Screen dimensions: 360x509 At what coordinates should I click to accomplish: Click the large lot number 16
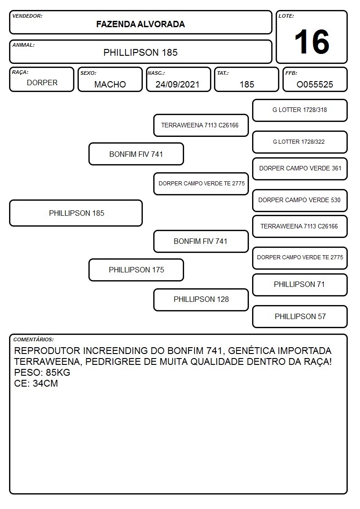tap(311, 42)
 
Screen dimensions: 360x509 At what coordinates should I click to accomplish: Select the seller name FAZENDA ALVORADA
tap(141, 24)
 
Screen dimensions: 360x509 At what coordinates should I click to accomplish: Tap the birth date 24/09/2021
tap(177, 84)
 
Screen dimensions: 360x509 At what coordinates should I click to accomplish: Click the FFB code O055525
tap(315, 84)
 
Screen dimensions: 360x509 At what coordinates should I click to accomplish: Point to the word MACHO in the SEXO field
tap(110, 84)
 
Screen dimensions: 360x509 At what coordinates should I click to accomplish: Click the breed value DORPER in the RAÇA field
tap(42, 83)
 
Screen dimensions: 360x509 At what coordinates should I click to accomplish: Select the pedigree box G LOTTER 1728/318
tap(300, 111)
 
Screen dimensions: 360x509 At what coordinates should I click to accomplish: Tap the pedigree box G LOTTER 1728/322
tap(300, 142)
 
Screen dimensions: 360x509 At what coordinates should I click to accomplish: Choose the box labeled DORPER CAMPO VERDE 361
tap(300, 169)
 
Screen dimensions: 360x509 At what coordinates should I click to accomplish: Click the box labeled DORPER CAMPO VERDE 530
tap(300, 200)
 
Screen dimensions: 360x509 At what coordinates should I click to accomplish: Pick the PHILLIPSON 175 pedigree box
tap(136, 270)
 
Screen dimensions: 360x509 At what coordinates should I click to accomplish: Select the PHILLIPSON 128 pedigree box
tap(201, 300)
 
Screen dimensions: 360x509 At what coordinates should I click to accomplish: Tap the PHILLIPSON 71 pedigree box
tap(300, 285)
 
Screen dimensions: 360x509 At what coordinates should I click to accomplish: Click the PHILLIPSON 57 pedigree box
tap(300, 316)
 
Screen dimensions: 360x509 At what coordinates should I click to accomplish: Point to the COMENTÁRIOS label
tap(34, 339)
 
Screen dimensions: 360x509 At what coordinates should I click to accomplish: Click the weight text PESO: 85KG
tap(42, 372)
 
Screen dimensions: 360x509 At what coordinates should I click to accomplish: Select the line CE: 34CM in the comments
tap(36, 383)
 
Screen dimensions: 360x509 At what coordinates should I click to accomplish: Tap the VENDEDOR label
tap(27, 16)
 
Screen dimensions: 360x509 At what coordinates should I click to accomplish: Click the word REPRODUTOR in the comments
tap(47, 350)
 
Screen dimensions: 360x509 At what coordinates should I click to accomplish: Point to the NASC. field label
tap(156, 73)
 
